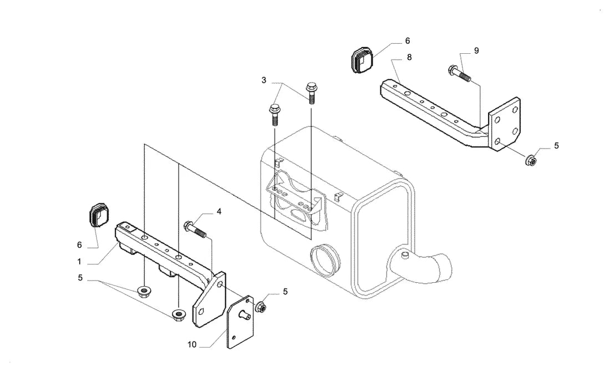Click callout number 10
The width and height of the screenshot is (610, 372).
pos(192,344)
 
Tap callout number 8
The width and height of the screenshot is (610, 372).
pos(409,57)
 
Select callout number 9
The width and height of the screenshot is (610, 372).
pos(476,50)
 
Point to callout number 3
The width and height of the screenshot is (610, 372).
pos(264,80)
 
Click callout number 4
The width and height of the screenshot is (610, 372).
pos(219,212)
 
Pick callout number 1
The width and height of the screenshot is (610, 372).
pos(79,262)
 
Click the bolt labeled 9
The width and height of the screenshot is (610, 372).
pos(460,74)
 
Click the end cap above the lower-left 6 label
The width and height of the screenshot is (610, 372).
pos(99,214)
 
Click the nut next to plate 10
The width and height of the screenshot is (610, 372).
pos(261,307)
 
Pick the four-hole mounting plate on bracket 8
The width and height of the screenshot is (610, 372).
pos(505,123)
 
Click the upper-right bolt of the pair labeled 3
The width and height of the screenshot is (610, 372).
pos(311,93)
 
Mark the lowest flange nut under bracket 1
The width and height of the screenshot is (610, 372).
pos(179,314)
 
